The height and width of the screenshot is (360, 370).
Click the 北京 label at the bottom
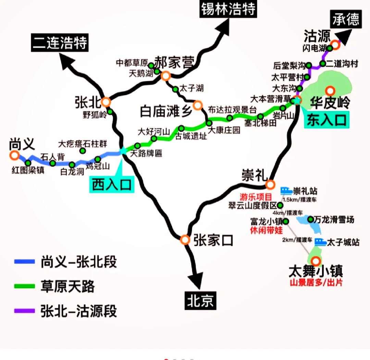200,300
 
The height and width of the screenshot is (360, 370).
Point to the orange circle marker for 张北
106,102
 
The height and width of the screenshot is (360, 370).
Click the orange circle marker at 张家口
185,240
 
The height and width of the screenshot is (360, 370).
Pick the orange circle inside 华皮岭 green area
330,91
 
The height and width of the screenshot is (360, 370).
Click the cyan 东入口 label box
326,120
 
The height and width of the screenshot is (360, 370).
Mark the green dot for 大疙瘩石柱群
83,151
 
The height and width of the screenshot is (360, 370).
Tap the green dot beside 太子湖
175,89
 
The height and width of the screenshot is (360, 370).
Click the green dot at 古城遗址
181,129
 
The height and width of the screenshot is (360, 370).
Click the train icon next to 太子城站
320,242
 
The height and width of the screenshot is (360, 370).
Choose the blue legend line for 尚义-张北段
24,262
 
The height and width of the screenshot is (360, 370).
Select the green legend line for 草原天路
24,286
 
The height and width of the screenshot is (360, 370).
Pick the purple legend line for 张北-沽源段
24,311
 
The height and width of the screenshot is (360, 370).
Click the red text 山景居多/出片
316,283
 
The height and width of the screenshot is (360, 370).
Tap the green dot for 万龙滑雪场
310,219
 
